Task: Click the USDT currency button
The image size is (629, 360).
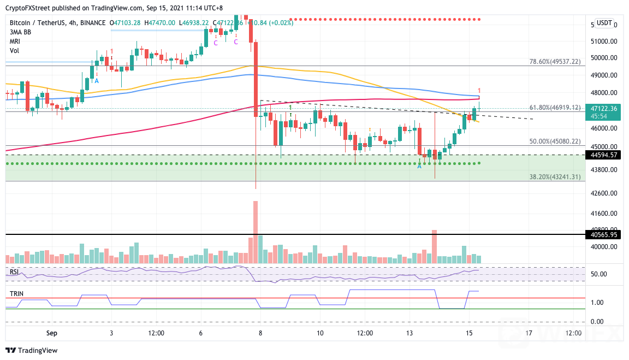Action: point(604,23)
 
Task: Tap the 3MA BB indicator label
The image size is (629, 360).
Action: point(20,32)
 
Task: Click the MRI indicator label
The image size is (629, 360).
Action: point(15,41)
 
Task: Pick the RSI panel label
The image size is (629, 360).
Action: point(15,272)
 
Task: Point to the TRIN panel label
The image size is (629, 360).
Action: point(16,294)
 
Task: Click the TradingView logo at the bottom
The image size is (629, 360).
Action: point(31,350)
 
